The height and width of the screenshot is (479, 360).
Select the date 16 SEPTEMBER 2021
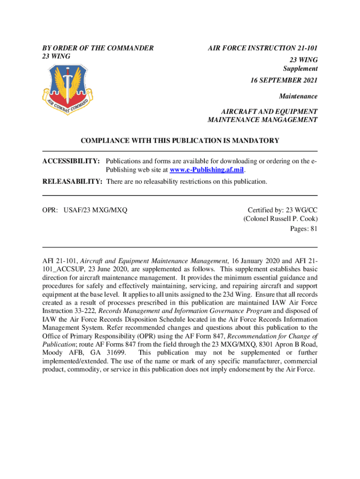284,80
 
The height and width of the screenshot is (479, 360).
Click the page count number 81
313,229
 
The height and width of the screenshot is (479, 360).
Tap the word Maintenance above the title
298,96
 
